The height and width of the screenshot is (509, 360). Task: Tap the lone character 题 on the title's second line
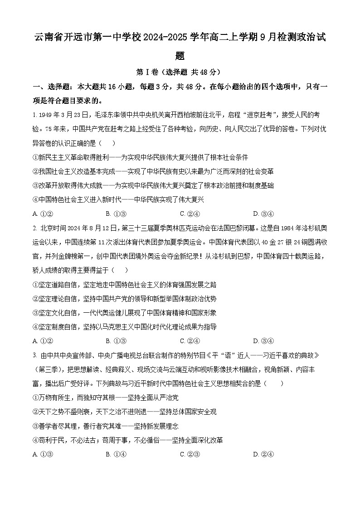180,56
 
